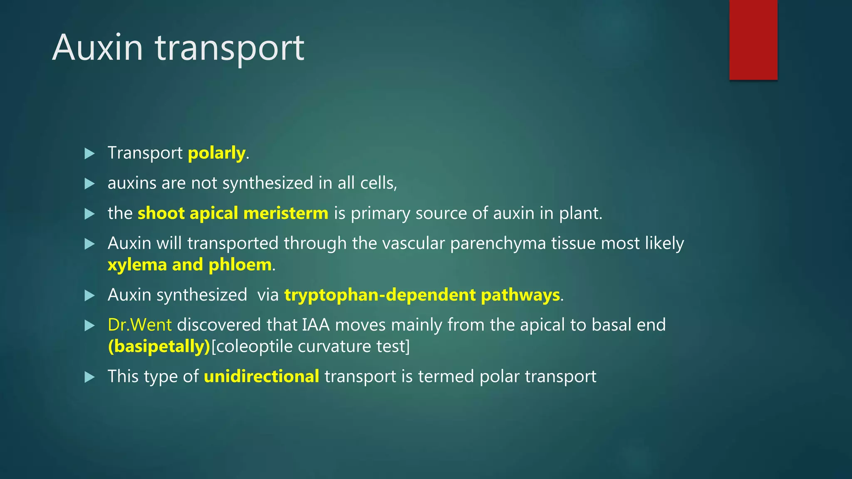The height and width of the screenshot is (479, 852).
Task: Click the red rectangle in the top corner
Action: (753, 40)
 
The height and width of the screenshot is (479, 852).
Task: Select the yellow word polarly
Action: (216, 153)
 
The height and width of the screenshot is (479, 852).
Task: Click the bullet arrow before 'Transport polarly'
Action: (89, 153)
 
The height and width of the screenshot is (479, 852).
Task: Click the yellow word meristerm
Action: (286, 213)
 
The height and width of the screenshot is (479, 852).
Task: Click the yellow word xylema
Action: (137, 265)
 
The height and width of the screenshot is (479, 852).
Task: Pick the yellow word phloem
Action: (240, 265)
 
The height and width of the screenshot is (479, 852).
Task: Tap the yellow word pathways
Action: (520, 295)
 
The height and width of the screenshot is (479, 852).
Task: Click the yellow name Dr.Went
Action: (139, 325)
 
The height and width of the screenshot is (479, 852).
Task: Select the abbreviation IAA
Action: (316, 325)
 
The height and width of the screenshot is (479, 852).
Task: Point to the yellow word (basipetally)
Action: (159, 346)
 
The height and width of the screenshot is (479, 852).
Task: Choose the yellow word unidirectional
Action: (261, 376)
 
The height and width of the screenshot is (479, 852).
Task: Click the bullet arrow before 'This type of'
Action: (89, 377)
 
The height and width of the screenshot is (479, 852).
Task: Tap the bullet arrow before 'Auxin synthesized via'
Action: (89, 295)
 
